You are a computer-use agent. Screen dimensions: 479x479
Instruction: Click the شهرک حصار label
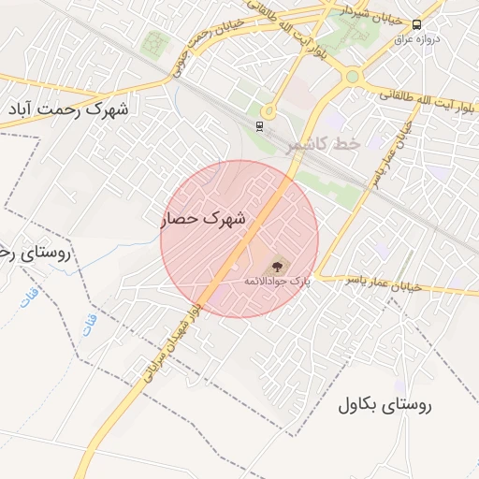pos(203,219)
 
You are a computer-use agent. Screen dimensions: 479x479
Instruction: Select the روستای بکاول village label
pos(384,405)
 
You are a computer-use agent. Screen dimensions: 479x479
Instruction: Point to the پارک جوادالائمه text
pos(276,281)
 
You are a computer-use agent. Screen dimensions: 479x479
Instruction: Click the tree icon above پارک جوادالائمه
pos(276,268)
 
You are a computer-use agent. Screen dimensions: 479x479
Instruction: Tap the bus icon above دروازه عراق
pos(415,24)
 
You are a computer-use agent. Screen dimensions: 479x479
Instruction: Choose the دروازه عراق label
pos(415,38)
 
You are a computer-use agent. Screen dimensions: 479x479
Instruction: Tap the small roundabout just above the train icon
pos(268,110)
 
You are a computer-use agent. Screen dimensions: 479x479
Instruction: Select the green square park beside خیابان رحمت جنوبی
pos(153,42)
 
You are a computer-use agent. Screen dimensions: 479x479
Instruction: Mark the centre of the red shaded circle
pos(239,239)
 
